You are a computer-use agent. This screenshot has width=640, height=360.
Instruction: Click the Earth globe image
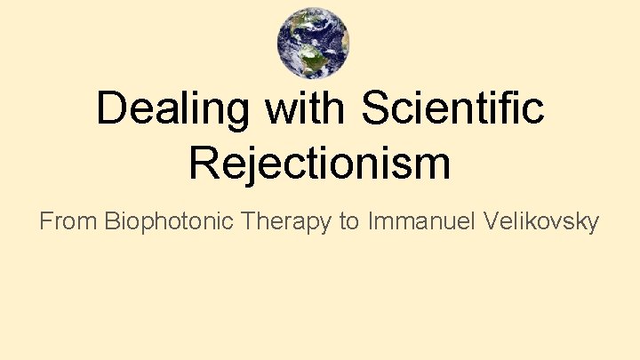313,43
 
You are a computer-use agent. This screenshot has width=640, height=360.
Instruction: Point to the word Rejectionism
320,164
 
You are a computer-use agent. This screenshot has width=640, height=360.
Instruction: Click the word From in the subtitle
68,221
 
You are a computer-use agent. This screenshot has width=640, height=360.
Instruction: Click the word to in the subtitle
348,221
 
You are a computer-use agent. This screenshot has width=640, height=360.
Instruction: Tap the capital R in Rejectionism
205,164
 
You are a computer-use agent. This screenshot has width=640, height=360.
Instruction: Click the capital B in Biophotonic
112,221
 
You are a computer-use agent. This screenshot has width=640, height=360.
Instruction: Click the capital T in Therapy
249,221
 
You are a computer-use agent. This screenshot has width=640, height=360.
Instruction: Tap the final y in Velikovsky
592,224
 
